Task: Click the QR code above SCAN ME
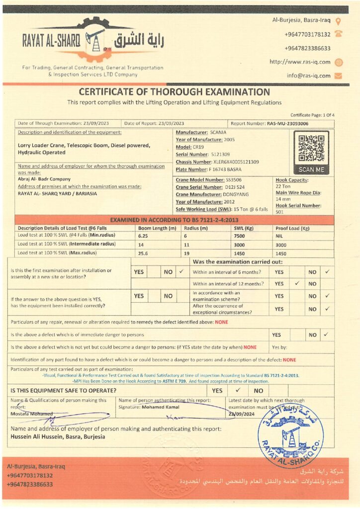(x=311, y=148)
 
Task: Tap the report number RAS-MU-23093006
(x=287, y=123)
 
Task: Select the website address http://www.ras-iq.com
(x=300, y=62)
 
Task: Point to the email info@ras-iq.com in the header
(x=308, y=76)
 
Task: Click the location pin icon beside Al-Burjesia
(x=339, y=21)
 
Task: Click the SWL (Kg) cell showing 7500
(x=239, y=236)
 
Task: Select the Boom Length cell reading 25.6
(x=144, y=253)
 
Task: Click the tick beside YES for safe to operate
(x=238, y=390)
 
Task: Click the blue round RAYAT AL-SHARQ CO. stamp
(x=290, y=436)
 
